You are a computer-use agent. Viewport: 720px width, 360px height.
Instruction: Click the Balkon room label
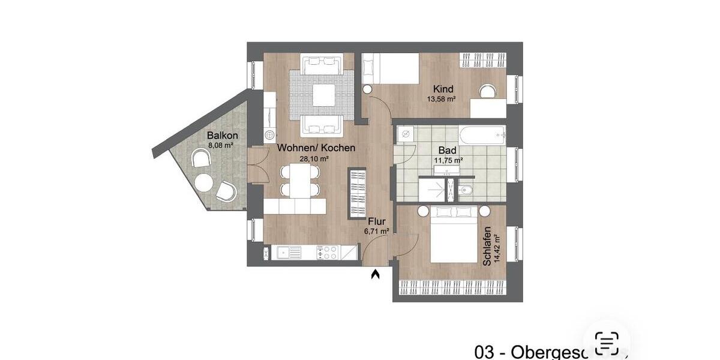pyautogui.click(x=223, y=136)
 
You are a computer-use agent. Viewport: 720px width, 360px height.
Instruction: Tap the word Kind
pyautogui.click(x=443, y=89)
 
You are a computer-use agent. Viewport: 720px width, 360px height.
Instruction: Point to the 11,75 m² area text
pyautogui.click(x=448, y=160)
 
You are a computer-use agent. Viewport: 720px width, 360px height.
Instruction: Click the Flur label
pyautogui.click(x=377, y=220)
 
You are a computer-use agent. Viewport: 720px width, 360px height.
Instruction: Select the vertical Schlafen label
pyautogui.click(x=487, y=246)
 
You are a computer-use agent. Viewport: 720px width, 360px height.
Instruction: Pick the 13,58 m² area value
pyautogui.click(x=443, y=99)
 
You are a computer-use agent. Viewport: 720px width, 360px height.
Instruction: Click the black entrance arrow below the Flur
pyautogui.click(x=376, y=275)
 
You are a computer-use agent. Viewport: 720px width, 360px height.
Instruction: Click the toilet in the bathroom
pyautogui.click(x=466, y=191)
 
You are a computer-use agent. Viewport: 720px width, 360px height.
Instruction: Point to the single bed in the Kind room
pyautogui.click(x=391, y=68)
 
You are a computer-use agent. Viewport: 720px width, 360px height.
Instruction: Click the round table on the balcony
pyautogui.click(x=203, y=182)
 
